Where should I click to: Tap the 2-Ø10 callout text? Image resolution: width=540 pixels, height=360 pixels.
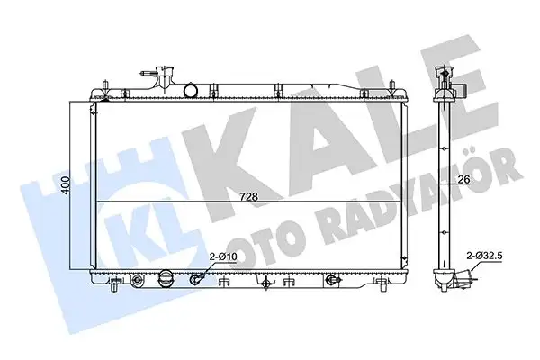point(224,257)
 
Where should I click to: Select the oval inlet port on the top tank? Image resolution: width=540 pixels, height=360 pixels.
point(192,89)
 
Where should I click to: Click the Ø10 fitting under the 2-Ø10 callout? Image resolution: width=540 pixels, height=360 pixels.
point(195,280)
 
